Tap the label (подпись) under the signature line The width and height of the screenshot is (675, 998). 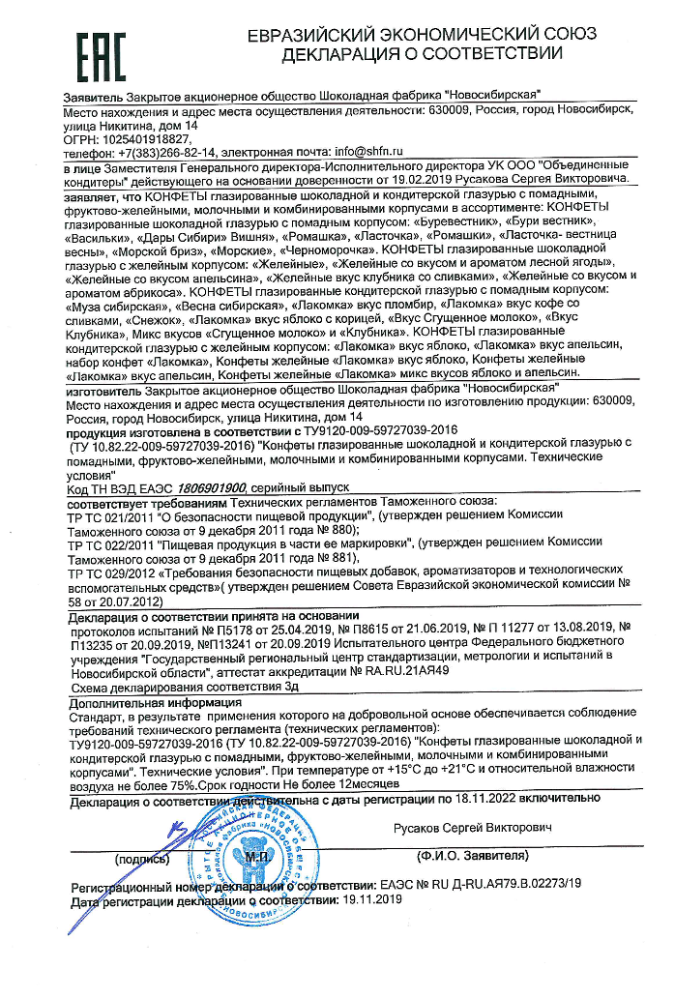pyautogui.click(x=144, y=858)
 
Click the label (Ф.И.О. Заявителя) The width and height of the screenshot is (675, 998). pyautogui.click(x=471, y=857)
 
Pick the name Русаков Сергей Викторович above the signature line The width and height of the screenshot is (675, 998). pyautogui.click(x=473, y=829)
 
